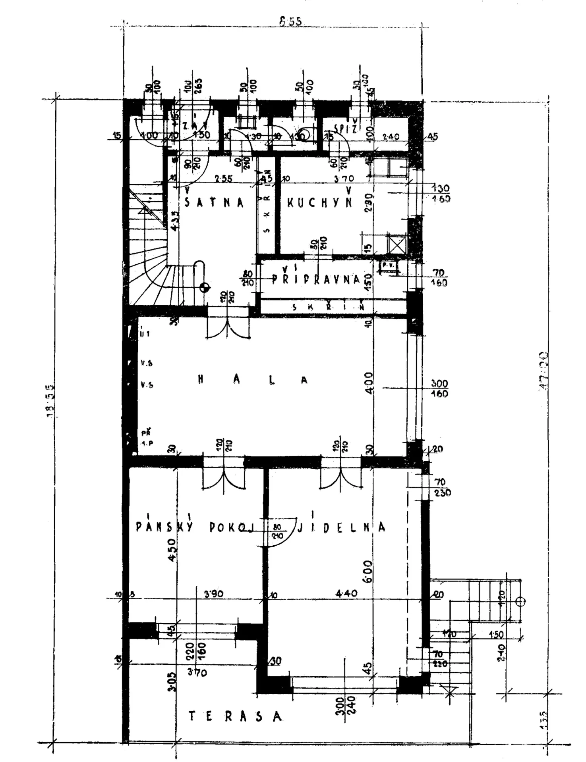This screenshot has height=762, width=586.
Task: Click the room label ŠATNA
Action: (x=214, y=202)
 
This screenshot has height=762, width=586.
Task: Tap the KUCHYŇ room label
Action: (x=319, y=202)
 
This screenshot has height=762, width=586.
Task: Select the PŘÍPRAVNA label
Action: (x=317, y=279)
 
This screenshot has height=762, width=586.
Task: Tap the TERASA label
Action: (x=235, y=716)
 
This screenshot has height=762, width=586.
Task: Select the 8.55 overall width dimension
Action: (x=290, y=21)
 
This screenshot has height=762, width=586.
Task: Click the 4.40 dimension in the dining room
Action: (x=346, y=594)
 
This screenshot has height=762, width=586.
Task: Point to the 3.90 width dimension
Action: (x=214, y=594)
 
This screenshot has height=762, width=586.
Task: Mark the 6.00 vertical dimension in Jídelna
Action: (x=368, y=571)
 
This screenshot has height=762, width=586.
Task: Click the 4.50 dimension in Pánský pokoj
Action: (x=172, y=550)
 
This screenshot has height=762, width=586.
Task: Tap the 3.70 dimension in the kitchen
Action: (x=344, y=179)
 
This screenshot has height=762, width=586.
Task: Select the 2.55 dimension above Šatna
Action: (x=223, y=179)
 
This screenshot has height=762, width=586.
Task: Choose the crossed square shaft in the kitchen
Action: (x=397, y=244)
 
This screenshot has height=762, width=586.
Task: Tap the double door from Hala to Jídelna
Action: (x=341, y=476)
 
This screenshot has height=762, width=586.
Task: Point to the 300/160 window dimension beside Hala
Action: (x=439, y=389)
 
